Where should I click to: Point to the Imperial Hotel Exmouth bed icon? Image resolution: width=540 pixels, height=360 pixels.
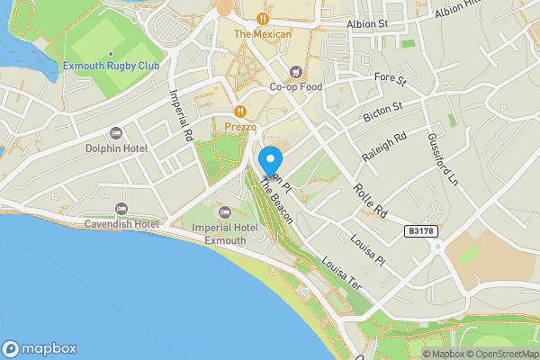tap(224, 211)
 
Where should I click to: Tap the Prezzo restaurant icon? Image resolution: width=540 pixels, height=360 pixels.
tap(240, 112)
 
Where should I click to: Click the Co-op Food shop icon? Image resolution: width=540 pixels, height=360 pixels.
tap(295, 72)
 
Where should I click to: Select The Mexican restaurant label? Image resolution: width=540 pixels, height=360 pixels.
tap(263, 34)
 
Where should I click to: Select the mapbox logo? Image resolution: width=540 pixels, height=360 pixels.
tap(39, 349)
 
